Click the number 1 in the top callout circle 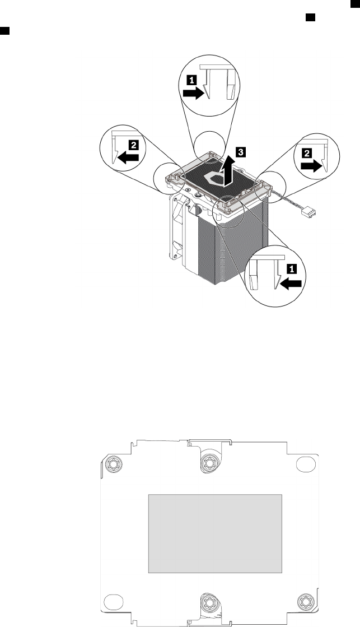(x=191, y=80)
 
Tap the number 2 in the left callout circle (x=133, y=144)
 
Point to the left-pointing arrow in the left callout (x=129, y=158)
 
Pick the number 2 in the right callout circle (x=307, y=152)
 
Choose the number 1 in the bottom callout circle (x=291, y=269)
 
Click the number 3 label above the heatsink (x=240, y=151)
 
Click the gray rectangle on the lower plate (x=215, y=533)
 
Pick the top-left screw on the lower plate (x=113, y=465)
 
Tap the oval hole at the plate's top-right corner (x=306, y=464)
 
